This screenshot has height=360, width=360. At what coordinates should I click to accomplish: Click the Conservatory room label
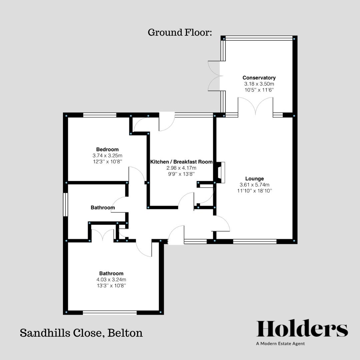259,78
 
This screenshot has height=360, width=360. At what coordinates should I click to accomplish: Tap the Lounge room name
254,179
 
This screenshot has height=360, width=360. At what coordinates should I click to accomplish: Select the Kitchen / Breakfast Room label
181,162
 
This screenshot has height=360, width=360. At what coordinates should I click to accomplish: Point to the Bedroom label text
107,149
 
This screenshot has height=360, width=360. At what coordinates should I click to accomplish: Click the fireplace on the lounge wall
221,172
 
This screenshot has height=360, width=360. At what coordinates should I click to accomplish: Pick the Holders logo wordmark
302,329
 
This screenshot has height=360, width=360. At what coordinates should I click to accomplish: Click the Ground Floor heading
180,33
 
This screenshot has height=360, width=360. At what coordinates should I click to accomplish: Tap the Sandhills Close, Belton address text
81,333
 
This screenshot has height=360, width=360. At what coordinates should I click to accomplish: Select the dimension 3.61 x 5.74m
254,185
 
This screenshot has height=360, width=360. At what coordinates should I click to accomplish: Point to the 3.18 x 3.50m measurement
259,84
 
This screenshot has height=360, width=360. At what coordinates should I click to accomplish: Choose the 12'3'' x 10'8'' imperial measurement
107,162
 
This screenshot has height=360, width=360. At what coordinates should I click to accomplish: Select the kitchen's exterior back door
167,122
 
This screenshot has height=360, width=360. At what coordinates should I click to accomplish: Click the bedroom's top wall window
100,115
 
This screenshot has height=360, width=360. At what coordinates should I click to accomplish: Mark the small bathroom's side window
66,205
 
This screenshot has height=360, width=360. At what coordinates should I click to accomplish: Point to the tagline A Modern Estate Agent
280,344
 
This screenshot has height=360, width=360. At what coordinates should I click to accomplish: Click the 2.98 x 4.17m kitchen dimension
181,168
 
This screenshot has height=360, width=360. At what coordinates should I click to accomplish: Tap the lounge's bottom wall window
255,241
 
